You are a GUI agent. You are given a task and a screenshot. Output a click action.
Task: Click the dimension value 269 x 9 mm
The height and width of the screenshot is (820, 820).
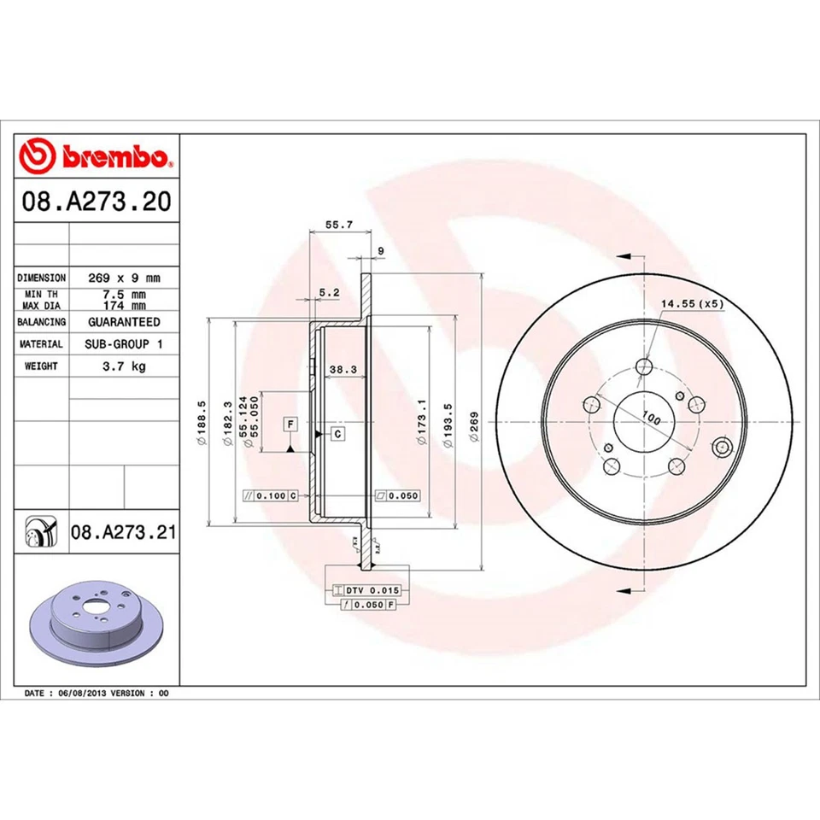click(124, 278)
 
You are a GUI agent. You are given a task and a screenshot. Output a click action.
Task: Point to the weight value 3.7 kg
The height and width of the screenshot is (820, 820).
click(124, 366)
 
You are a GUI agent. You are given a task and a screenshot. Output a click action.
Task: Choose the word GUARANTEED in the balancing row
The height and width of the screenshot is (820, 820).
click(124, 322)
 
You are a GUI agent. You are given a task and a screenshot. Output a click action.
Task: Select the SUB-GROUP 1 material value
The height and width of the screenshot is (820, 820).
click(124, 343)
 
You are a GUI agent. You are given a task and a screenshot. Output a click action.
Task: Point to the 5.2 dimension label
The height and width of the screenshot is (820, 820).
click(329, 292)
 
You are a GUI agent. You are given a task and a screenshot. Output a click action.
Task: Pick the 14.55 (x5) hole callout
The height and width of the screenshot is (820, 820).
click(691, 303)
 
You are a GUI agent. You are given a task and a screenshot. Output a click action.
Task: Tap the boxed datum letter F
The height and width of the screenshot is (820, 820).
click(290, 425)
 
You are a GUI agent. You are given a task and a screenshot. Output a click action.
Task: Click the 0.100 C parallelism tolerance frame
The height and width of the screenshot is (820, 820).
click(270, 495)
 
